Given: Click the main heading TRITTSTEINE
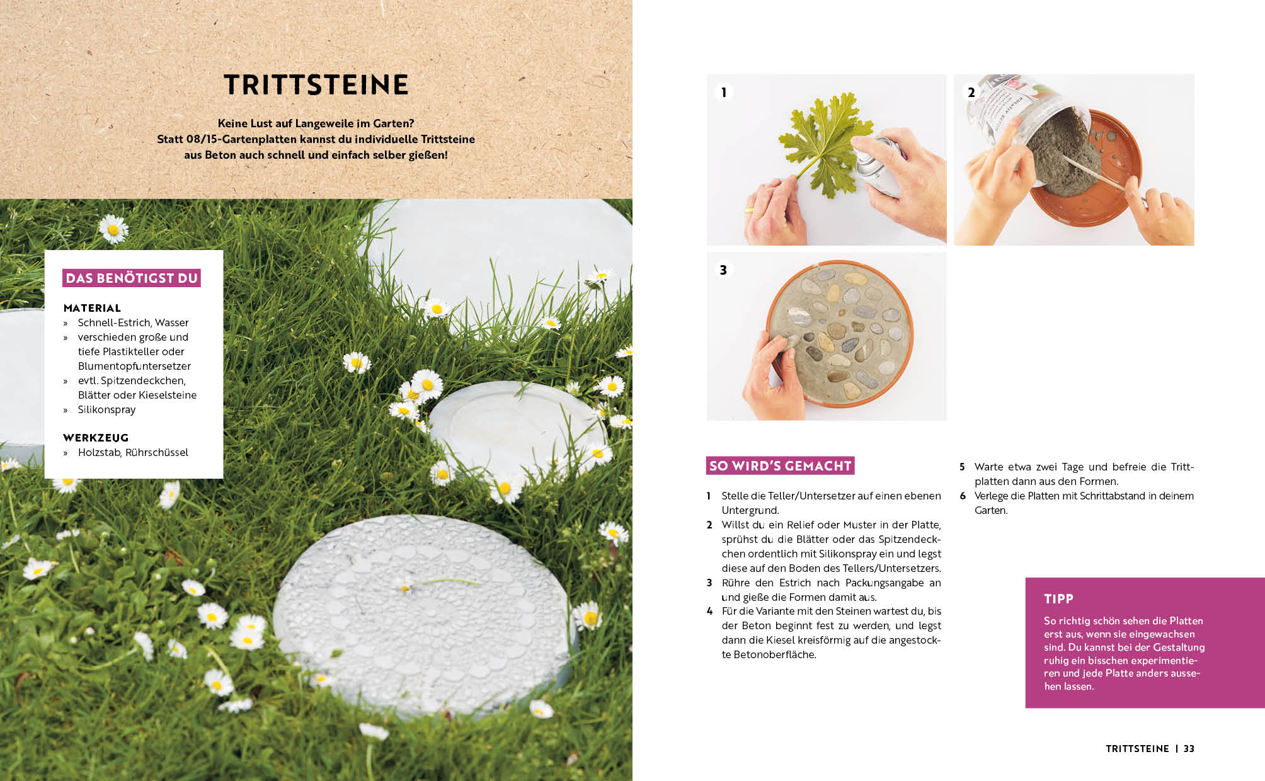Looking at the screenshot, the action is (x=316, y=85).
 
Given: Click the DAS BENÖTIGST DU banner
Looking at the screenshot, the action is (x=132, y=278).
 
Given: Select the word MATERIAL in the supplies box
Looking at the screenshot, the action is (x=92, y=308).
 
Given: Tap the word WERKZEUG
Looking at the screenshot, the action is (x=96, y=438).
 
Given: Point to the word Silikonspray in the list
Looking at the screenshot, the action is (x=106, y=409).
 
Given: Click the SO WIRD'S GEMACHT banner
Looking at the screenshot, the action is (x=780, y=465).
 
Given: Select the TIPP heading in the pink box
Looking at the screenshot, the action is (x=1058, y=599).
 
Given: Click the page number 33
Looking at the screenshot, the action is (x=1189, y=748).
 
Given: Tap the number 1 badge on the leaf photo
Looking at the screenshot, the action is (x=724, y=92).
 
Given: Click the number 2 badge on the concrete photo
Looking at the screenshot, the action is (x=971, y=92).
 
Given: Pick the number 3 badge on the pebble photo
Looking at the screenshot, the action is (x=723, y=270).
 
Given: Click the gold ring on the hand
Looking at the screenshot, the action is (x=750, y=211).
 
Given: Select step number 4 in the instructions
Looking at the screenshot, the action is (x=709, y=611).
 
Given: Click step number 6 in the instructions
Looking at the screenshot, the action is (x=963, y=496).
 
